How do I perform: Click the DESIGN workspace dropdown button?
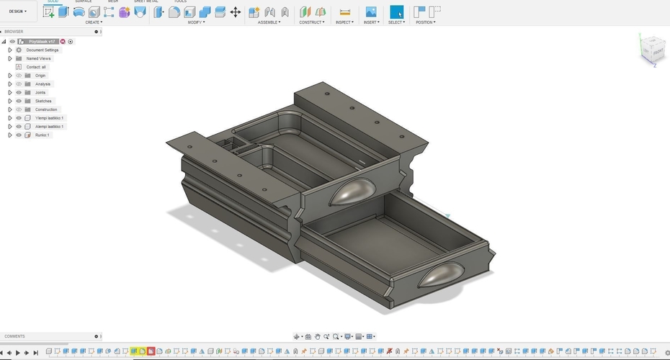(x=18, y=12)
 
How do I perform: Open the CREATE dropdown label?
(x=94, y=22)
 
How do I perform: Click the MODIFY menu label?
(x=196, y=22)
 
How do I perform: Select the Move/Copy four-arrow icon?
(x=236, y=12)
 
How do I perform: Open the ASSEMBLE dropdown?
(x=269, y=22)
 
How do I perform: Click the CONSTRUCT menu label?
(x=312, y=22)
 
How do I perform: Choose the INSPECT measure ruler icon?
(x=344, y=12)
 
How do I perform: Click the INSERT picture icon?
(x=371, y=12)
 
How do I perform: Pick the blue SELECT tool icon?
(x=397, y=12)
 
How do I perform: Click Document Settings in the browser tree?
(x=43, y=50)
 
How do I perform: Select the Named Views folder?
(x=38, y=58)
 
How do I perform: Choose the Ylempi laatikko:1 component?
(x=49, y=118)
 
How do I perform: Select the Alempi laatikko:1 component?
(x=50, y=127)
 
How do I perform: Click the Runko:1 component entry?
(x=42, y=135)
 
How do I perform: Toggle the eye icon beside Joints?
(x=19, y=93)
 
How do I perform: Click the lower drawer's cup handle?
(x=444, y=274)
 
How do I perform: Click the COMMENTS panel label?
(x=14, y=336)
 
